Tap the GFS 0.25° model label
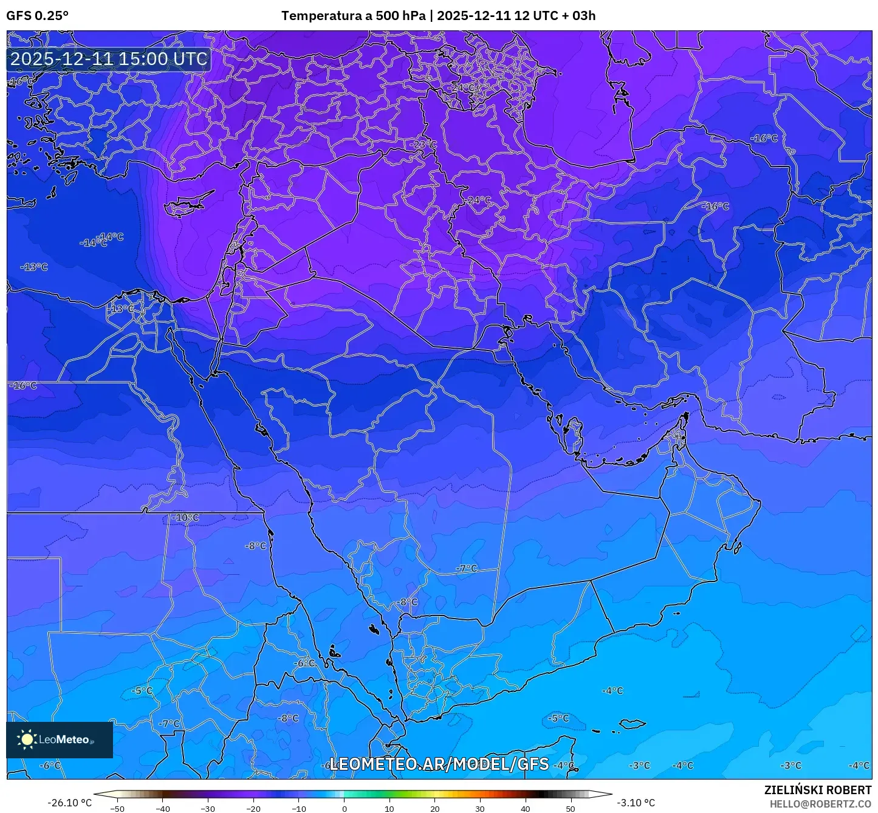click(38, 16)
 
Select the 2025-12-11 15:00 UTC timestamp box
click(109, 59)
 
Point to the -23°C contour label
click(424, 145)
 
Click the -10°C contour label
click(186, 518)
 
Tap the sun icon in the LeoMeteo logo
click(27, 739)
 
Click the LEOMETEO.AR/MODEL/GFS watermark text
click(439, 764)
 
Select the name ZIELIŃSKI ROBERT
click(818, 790)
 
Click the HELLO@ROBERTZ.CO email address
click(820, 803)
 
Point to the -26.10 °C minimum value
click(70, 803)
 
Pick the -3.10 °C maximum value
click(636, 803)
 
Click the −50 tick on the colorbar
click(117, 809)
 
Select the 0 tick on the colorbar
click(345, 809)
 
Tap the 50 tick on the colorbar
click(571, 809)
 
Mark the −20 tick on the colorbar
click(253, 809)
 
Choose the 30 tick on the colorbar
click(480, 809)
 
